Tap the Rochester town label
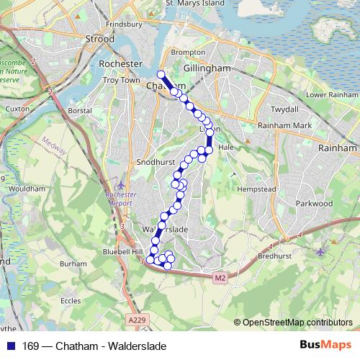point(121,64)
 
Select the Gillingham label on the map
point(207,68)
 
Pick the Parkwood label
point(314,204)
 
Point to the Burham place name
point(73,264)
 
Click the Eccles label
point(70,301)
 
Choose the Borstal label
point(79,111)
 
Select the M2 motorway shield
point(220,277)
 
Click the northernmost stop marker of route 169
point(161,74)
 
